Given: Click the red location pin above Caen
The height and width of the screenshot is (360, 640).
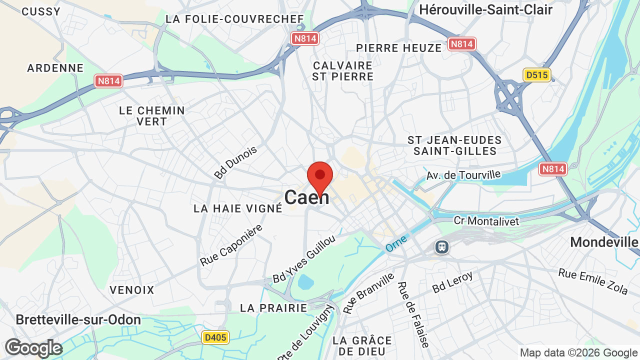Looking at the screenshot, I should click(320, 176).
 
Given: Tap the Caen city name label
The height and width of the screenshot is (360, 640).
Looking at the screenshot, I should click(307, 197).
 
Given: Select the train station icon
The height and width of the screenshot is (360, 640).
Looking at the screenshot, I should click(441, 246).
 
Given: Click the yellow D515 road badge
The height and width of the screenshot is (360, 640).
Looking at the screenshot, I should click(537, 75).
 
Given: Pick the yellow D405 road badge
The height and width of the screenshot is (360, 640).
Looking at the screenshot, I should click(215, 337).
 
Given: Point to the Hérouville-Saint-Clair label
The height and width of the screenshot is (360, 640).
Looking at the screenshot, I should click(485, 9).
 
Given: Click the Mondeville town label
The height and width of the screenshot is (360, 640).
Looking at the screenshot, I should click(604, 242).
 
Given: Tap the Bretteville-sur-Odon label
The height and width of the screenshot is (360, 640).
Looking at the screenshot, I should click(78, 320).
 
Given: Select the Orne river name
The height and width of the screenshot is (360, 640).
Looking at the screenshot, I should click(396, 243).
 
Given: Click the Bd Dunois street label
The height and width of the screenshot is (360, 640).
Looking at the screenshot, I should click(235, 162).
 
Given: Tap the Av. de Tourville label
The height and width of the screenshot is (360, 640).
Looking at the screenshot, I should click(463, 175).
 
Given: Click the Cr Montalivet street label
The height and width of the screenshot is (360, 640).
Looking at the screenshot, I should click(486, 220).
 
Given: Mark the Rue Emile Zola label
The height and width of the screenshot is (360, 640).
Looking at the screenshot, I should click(593, 281).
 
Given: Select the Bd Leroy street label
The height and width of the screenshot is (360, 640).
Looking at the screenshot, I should click(452, 282).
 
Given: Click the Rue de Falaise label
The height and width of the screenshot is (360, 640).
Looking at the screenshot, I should click(412, 314).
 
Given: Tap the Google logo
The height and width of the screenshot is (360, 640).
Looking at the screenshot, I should click(33, 348).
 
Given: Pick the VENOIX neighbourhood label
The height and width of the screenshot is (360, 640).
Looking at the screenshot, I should click(132, 290).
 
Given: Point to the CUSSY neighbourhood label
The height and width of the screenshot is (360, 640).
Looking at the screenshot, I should click(41, 11).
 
